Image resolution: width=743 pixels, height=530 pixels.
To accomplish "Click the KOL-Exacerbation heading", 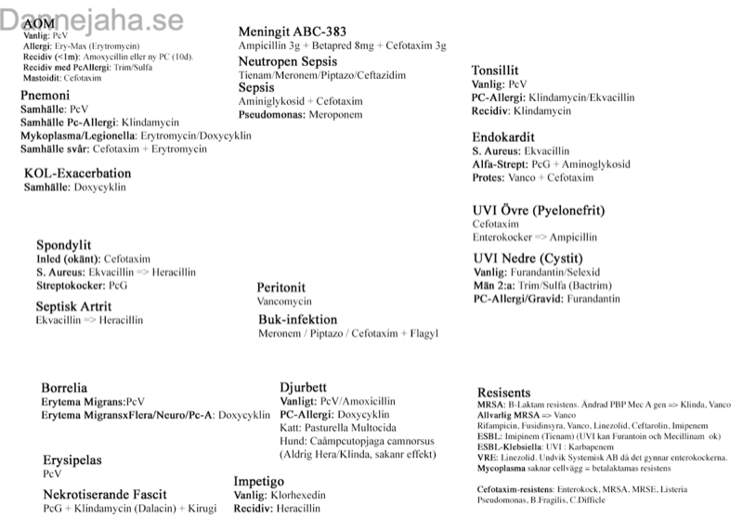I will (77, 174).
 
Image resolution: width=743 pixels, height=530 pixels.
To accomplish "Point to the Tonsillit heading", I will (495, 71).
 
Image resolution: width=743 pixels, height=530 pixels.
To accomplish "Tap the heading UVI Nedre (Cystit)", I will (528, 258).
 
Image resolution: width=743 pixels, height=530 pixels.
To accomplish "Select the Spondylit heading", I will (63, 245).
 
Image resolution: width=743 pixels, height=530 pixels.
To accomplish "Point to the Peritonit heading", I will (281, 288).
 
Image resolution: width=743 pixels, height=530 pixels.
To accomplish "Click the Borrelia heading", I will (64, 387).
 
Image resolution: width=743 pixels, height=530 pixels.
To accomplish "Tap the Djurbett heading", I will (303, 386).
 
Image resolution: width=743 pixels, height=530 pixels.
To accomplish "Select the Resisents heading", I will (503, 393).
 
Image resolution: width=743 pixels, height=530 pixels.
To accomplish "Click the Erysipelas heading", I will (72, 459).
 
